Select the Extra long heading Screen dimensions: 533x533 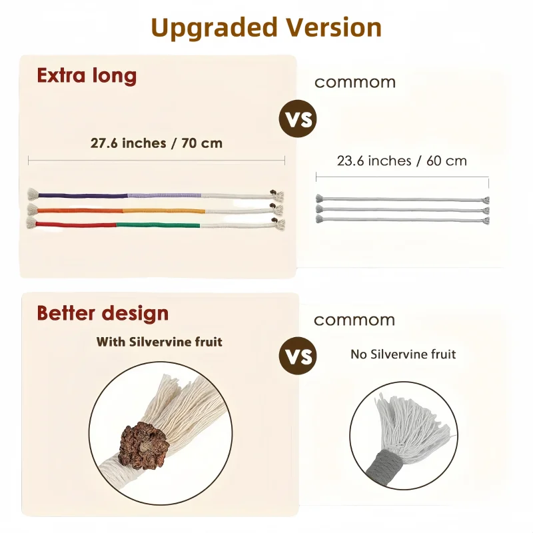(x=87, y=76)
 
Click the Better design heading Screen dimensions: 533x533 (x=103, y=313)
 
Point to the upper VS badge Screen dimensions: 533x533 (x=298, y=119)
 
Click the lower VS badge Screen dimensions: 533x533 (x=298, y=356)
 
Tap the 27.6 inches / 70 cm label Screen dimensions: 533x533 (x=157, y=143)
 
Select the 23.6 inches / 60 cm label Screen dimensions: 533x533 (x=402, y=161)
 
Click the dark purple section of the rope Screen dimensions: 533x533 (x=83, y=195)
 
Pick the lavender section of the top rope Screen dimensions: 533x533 (x=165, y=195)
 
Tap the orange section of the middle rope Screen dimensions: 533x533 (x=80, y=211)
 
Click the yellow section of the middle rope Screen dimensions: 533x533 (x=164, y=211)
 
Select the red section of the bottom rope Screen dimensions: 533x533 (x=76, y=224)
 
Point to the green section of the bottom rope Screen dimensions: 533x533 (x=159, y=225)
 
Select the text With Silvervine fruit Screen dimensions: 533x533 (x=159, y=342)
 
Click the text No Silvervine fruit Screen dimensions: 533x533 (x=403, y=354)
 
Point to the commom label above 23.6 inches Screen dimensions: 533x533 (x=355, y=83)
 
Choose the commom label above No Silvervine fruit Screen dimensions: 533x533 (x=354, y=320)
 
